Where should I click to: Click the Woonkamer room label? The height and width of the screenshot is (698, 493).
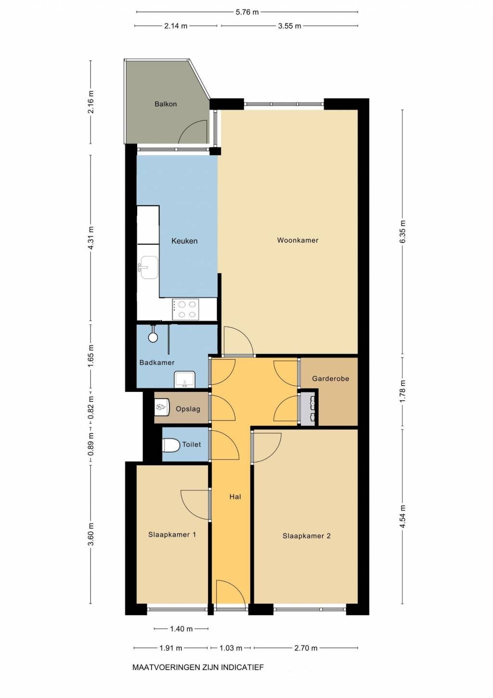coord(298,240)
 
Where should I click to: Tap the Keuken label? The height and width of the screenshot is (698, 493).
coord(184,241)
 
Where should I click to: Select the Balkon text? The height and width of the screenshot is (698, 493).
coord(166,104)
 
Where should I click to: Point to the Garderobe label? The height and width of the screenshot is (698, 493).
coord(331,378)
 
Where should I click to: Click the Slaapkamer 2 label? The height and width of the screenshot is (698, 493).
coord(306,536)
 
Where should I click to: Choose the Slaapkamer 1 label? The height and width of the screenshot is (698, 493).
coord(172,535)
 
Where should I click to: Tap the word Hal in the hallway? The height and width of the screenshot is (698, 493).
coord(235,497)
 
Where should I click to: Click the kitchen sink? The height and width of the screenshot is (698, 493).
coord(148,268)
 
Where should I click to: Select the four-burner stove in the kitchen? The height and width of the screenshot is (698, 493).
coord(185,309)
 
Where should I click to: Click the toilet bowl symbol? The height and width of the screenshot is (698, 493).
coord(171,445)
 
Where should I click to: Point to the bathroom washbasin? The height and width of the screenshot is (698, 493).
coord(185,379)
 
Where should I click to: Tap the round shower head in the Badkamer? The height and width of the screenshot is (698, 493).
coord(153,337)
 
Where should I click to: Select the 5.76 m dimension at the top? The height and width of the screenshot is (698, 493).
coord(247,12)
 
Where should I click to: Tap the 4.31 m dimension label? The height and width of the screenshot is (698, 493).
coord(91,238)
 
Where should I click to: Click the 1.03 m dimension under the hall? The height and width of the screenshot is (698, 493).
coord(231,648)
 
